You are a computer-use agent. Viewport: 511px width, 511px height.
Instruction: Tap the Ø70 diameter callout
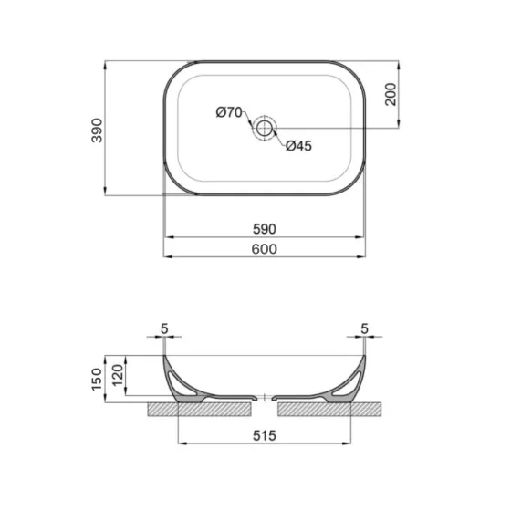(x=228, y=112)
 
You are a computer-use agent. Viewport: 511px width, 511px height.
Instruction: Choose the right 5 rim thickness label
(x=364, y=328)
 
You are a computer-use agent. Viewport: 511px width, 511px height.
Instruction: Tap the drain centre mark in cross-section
(x=265, y=399)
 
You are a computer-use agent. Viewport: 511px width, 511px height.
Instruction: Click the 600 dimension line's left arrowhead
(x=166, y=256)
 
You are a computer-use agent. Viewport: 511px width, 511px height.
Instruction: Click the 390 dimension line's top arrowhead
(x=106, y=65)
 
